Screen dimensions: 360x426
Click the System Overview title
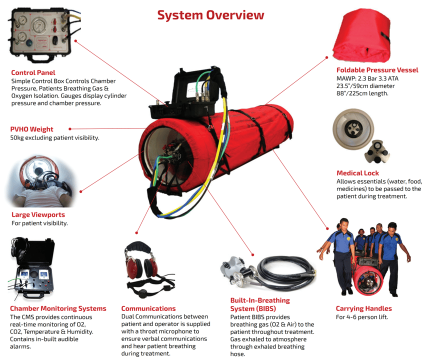(x=210, y=15)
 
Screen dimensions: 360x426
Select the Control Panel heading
(x=33, y=72)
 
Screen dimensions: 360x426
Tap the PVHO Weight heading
(x=31, y=129)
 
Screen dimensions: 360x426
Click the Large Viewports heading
(x=38, y=214)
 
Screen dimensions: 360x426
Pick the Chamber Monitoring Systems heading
(x=58, y=308)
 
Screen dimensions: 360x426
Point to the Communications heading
(x=148, y=308)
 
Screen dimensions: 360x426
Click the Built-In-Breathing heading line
(x=259, y=300)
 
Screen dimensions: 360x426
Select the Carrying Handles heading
(x=363, y=308)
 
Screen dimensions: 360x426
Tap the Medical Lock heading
(x=357, y=173)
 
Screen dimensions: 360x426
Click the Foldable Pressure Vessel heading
(x=377, y=70)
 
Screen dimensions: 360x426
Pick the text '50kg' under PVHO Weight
(x=18, y=137)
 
